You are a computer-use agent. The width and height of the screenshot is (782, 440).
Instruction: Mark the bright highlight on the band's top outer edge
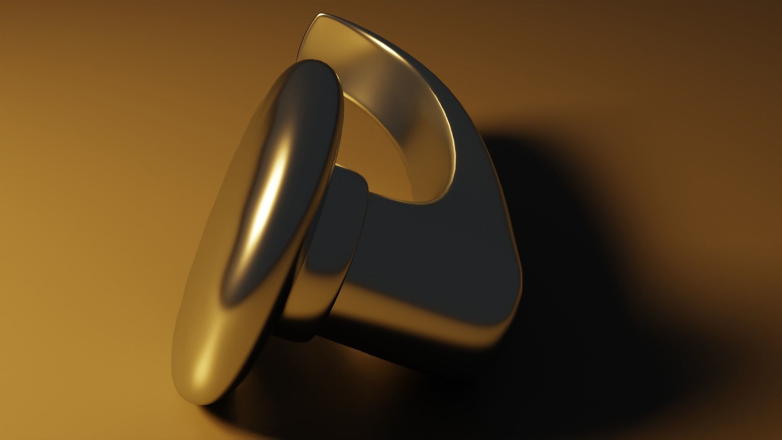pos(391,41)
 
